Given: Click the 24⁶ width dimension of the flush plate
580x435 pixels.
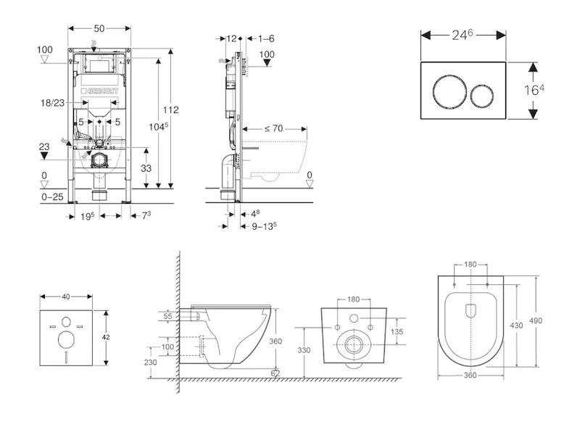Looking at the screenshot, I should pyautogui.click(x=463, y=35).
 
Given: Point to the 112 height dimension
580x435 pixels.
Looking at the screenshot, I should pyautogui.click(x=171, y=110).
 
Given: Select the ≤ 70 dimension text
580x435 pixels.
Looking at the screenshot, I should pyautogui.click(x=273, y=128).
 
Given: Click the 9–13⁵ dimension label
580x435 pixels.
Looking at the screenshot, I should pyautogui.click(x=263, y=225).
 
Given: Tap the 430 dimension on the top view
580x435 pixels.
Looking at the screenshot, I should pyautogui.click(x=515, y=326).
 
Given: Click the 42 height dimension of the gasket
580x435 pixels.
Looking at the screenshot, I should pyautogui.click(x=107, y=337).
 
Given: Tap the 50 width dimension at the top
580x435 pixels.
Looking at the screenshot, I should pyautogui.click(x=99, y=28).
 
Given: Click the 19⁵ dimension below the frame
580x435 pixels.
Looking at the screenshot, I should pyautogui.click(x=88, y=215).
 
